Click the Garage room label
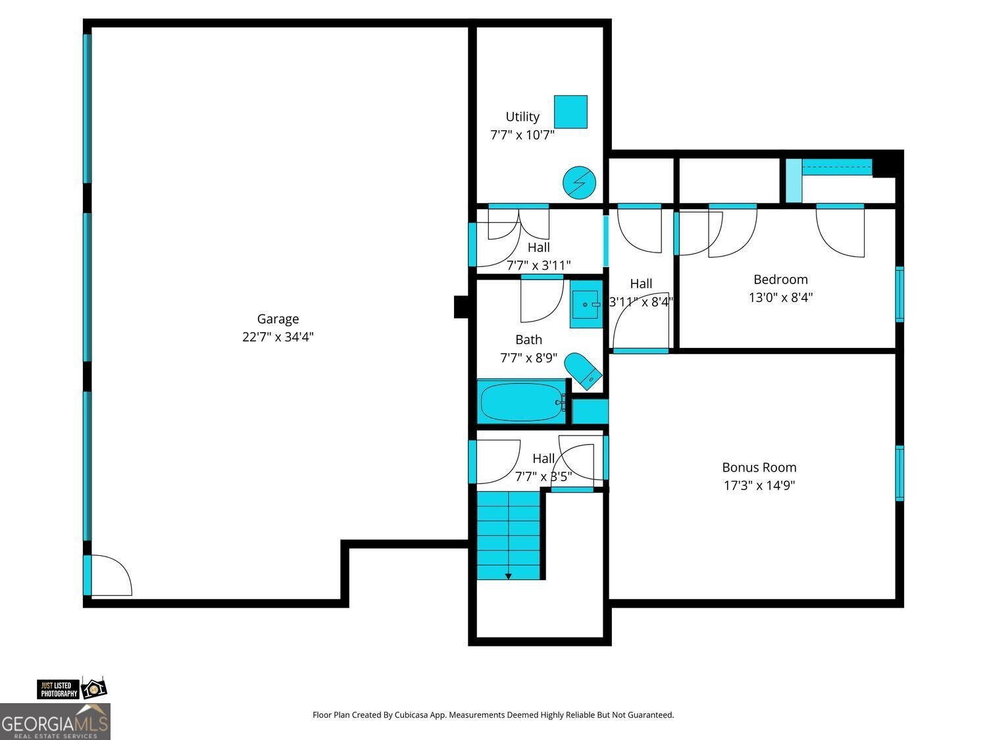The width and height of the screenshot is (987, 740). click(278, 319)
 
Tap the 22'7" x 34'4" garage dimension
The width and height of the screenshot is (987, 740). click(278, 337)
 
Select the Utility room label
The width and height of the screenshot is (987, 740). click(522, 116)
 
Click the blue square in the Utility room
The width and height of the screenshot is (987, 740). click(570, 112)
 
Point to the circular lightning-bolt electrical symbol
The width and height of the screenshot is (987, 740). click(579, 183)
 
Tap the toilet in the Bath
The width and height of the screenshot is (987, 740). click(584, 370)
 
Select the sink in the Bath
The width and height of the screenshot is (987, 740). click(585, 308)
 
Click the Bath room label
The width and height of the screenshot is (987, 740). click(528, 339)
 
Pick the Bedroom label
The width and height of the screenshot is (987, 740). click(780, 280)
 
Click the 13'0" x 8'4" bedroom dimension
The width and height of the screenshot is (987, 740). click(780, 297)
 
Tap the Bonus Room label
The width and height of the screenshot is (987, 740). click(759, 468)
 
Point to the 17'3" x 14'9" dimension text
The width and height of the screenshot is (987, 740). click(759, 485)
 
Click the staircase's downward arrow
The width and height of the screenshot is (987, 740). click(508, 576)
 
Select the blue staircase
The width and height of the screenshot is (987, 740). click(509, 533)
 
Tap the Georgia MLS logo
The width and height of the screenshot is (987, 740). click(55, 723)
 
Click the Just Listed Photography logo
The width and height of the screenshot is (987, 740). click(71, 689)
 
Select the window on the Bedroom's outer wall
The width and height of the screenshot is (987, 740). click(899, 294)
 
